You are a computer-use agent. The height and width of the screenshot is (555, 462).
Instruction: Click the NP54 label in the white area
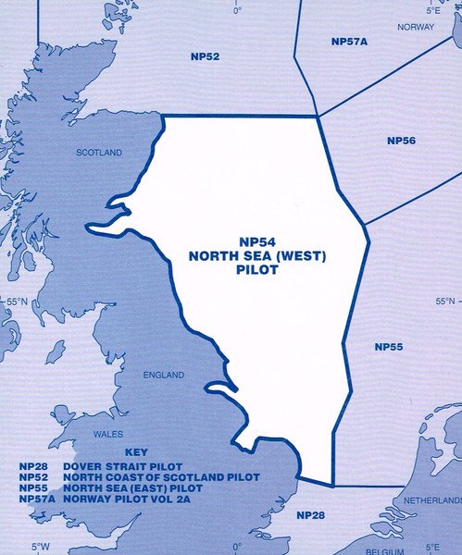point(258,238)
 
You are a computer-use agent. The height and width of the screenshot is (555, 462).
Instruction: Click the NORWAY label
point(415,28)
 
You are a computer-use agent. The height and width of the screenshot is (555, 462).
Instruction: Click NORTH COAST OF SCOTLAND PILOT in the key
point(161,477)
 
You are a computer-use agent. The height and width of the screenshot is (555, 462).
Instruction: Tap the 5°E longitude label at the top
point(433,9)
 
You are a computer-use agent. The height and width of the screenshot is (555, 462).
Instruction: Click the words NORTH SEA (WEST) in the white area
point(258,254)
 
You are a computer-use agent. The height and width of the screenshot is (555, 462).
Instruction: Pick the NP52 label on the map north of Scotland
point(206,57)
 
